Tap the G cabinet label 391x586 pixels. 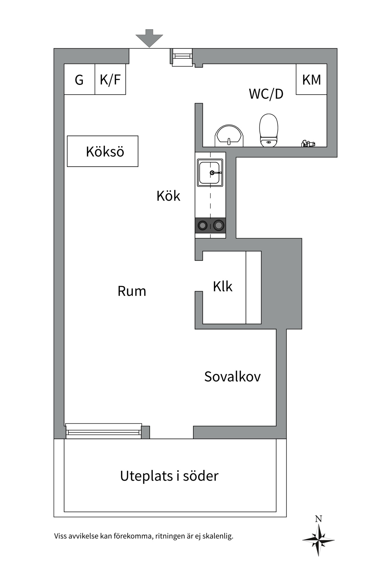click(x=79, y=80)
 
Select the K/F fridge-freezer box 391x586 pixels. click(x=110, y=79)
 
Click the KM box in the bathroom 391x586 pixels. click(x=311, y=79)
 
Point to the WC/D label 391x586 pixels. click(x=266, y=94)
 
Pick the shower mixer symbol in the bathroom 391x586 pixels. click(x=308, y=143)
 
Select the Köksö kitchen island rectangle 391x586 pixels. click(x=103, y=151)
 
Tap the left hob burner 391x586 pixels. click(x=202, y=226)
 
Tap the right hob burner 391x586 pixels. click(x=219, y=226)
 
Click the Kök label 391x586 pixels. click(x=168, y=196)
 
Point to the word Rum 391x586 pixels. click(x=132, y=291)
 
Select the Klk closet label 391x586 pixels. click(x=223, y=287)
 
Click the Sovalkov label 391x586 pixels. click(x=232, y=377)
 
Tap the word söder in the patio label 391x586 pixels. click(x=201, y=476)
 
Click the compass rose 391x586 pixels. click(x=318, y=540)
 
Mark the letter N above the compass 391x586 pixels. click(x=319, y=519)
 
